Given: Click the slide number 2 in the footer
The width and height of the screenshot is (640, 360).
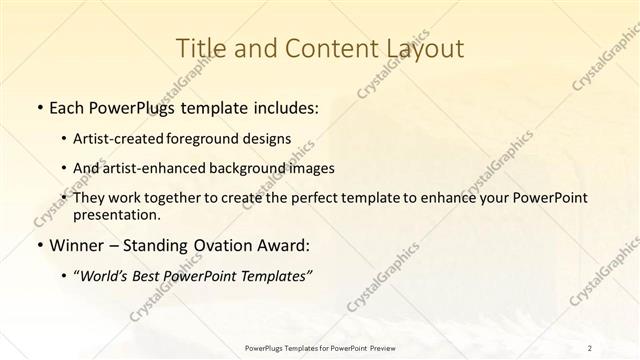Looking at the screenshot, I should point(590,347).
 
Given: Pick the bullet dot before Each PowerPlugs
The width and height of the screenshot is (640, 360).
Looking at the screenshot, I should point(38,107).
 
